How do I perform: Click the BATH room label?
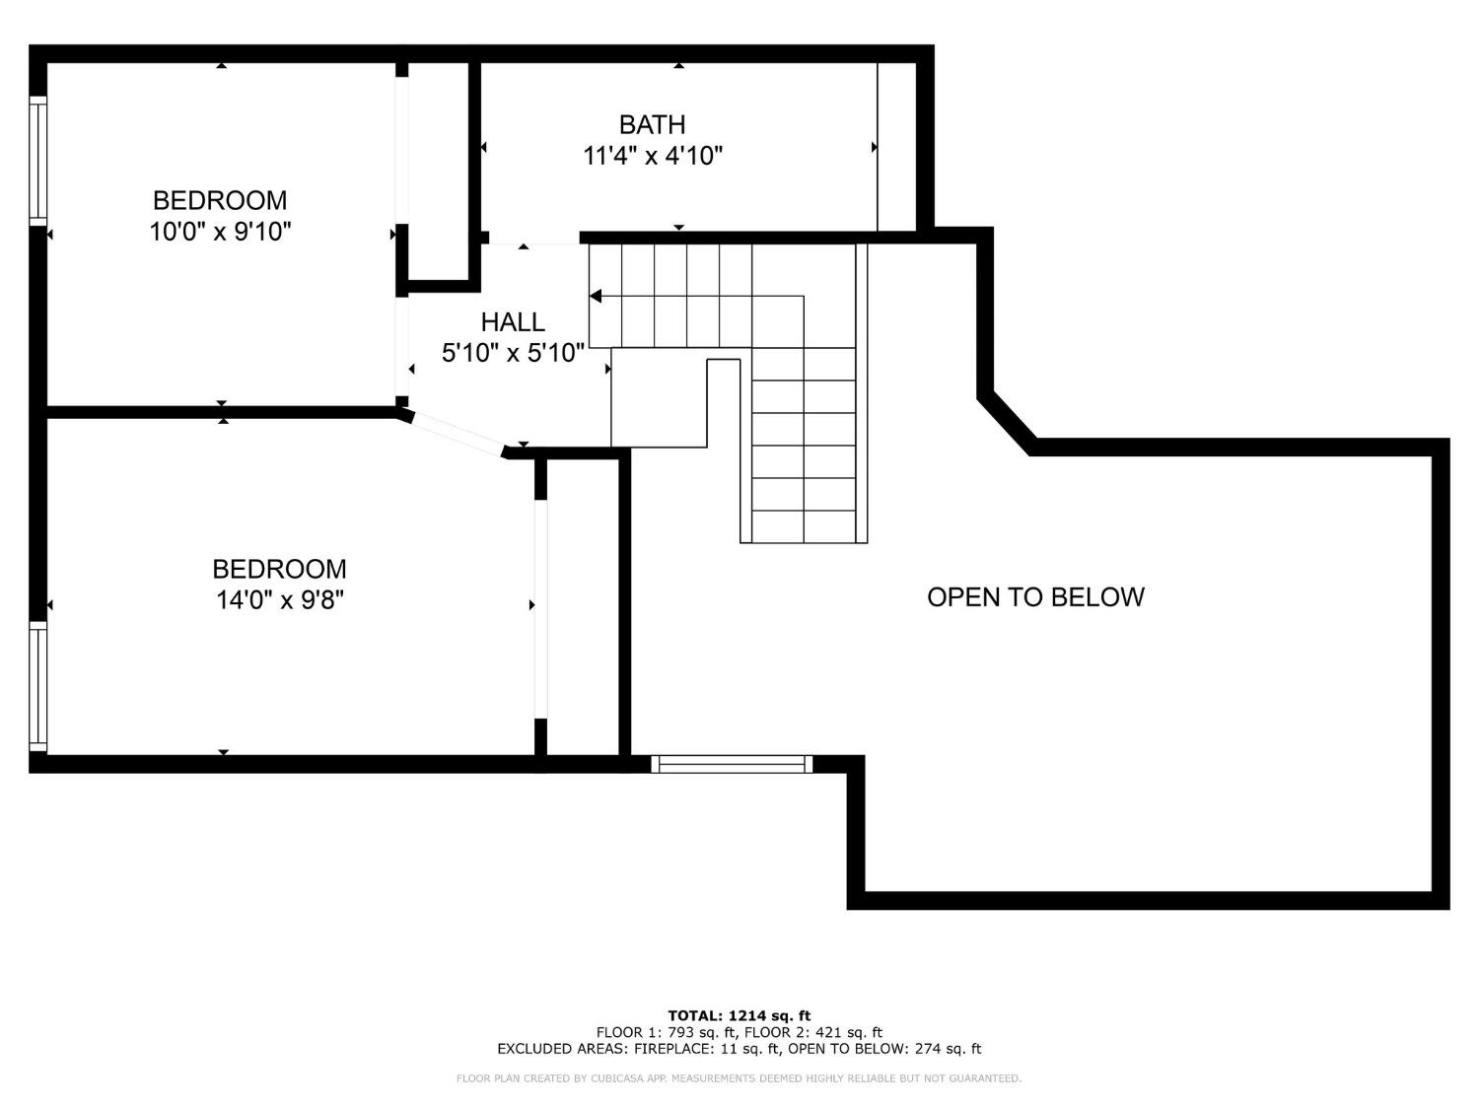click(x=652, y=125)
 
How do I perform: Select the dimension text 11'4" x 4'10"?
click(x=653, y=156)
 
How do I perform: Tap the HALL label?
click(x=513, y=322)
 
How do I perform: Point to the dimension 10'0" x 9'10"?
click(x=221, y=232)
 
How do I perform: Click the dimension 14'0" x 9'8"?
click(x=280, y=599)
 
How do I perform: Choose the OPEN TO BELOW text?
click(x=1035, y=597)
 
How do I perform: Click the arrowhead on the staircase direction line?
click(x=596, y=296)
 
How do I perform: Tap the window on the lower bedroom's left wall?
click(x=37, y=686)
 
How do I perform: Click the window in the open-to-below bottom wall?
click(x=732, y=763)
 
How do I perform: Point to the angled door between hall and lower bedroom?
click(x=456, y=435)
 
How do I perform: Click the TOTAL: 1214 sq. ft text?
click(x=739, y=1015)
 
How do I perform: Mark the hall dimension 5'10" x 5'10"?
click(x=513, y=353)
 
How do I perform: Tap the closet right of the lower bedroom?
click(x=583, y=606)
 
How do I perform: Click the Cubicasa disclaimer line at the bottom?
click(x=739, y=1078)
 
